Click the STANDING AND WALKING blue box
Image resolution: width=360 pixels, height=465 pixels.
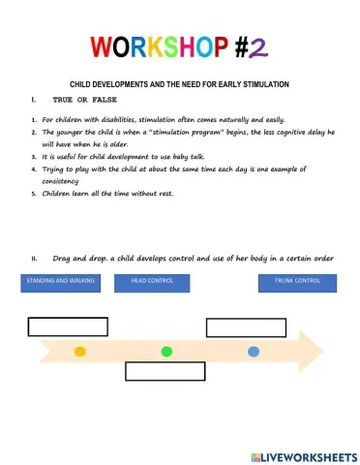(x=54, y=282)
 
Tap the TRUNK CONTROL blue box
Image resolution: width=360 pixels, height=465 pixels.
(x=297, y=282)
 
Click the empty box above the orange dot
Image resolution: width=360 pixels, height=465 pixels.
(x=68, y=326)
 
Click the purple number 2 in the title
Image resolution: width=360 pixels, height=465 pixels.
(x=261, y=47)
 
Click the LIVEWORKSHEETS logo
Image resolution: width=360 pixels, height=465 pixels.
(x=303, y=455)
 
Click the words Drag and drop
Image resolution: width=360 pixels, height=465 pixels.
(x=74, y=258)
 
